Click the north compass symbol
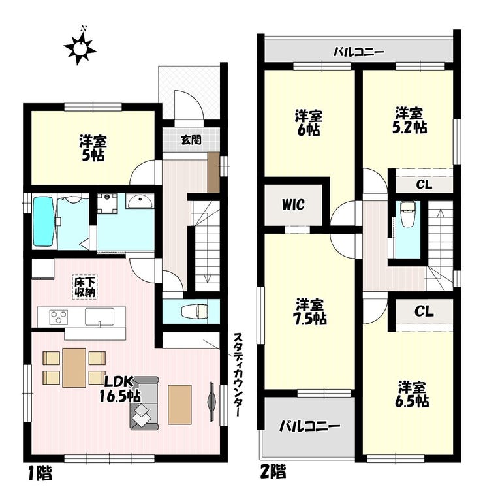click(x=80, y=48)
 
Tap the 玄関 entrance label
click(x=191, y=140)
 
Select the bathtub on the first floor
click(x=43, y=222)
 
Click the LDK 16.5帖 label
click(x=119, y=390)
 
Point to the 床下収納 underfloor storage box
click(x=85, y=287)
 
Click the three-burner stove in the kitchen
click(x=59, y=317)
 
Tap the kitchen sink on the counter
click(x=99, y=317)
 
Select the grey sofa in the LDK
click(x=144, y=403)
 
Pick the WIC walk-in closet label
click(x=294, y=204)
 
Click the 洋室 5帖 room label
click(x=92, y=148)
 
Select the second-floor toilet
click(x=407, y=214)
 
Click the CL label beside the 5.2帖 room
click(x=424, y=185)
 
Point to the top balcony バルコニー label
click(x=358, y=52)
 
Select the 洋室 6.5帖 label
click(x=412, y=394)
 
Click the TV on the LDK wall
click(x=212, y=401)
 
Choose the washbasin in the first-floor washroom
click(x=140, y=202)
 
